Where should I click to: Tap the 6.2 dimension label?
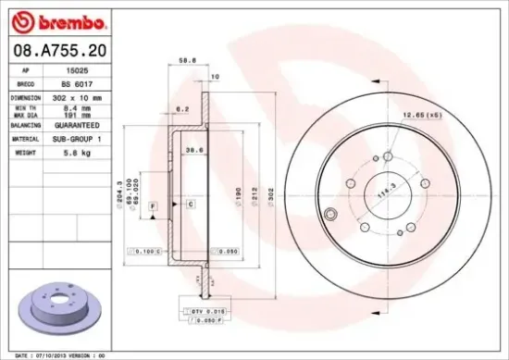(183, 109)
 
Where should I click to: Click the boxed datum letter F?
(153, 205)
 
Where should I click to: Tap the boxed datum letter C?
(189, 203)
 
